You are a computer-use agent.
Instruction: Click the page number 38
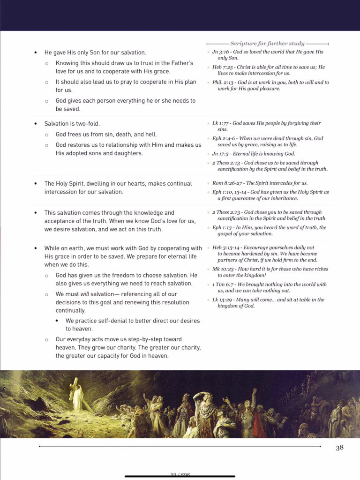(x=340, y=448)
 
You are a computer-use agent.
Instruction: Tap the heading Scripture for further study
(x=267, y=44)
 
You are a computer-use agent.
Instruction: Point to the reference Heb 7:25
(x=222, y=67)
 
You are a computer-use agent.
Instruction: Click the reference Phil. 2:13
(x=223, y=82)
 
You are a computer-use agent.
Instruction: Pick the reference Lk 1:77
(x=220, y=123)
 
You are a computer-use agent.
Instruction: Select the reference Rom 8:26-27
(x=226, y=183)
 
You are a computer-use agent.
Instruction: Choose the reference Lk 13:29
(x=222, y=300)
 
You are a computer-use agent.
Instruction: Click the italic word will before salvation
(x=85, y=294)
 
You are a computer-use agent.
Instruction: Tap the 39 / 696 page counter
(x=180, y=474)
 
